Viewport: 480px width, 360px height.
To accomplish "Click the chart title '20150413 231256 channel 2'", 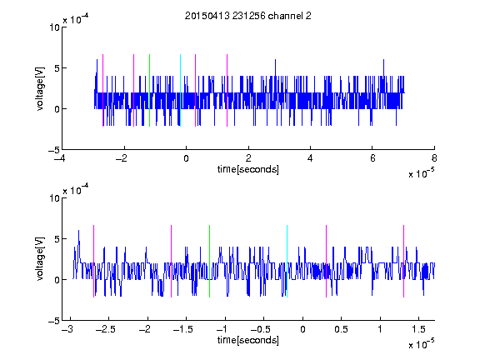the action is click(248, 16).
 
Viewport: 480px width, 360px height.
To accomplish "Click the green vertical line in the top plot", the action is click(149, 90).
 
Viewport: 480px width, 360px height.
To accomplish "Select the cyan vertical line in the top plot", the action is click(180, 90).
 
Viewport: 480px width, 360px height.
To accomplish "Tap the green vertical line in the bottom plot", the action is click(210, 261).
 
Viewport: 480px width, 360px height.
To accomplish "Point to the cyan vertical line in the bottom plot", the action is click(287, 261).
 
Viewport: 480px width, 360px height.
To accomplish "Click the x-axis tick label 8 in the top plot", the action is click(434, 158).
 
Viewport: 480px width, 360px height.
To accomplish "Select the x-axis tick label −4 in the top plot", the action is click(60, 158).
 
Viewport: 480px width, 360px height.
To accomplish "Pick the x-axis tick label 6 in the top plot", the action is click(372, 158).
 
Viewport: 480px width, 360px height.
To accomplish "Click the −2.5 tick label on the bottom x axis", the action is click(105, 329).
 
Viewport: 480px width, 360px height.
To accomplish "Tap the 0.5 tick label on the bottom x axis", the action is click(341, 329).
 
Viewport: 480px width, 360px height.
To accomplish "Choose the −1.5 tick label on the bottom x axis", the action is click(182, 329).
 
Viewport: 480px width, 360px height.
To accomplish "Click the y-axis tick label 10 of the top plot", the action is click(54, 27).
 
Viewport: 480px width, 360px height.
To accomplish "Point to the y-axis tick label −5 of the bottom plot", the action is click(54, 321).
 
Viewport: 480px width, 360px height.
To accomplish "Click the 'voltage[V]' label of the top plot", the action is click(40, 88).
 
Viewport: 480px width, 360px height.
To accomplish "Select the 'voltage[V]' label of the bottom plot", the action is click(40, 258).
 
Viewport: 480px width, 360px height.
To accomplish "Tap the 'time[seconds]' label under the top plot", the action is click(248, 169).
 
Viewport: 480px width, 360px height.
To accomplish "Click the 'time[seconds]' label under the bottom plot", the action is click(248, 340).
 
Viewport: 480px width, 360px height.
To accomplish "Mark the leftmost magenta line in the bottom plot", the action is click(93, 261).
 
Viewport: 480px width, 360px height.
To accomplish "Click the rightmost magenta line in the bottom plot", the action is click(404, 261).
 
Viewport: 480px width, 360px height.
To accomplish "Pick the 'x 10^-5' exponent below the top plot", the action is click(421, 173).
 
